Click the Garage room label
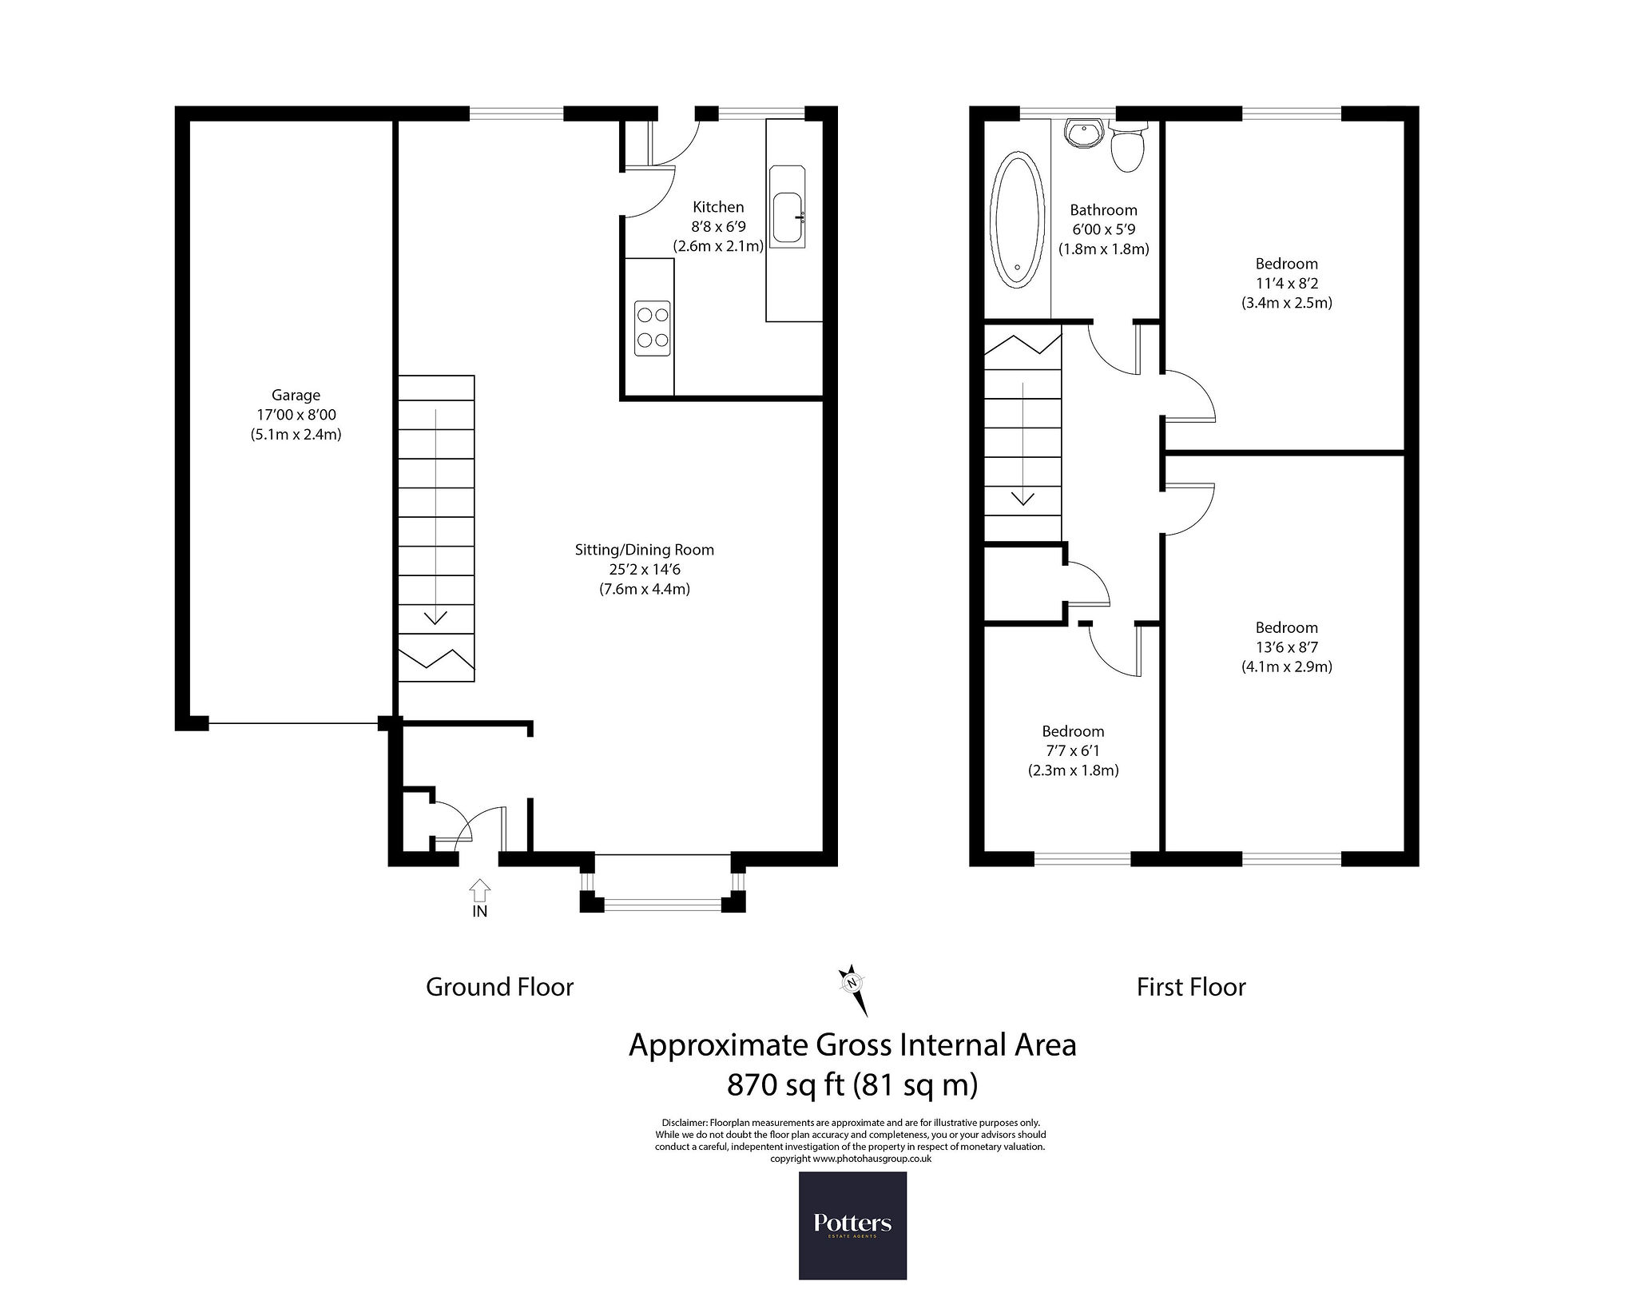296,395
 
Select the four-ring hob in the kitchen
653,328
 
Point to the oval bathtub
1017,220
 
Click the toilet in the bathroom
1128,148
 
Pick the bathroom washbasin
1085,134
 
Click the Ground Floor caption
500,987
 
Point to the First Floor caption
1191,987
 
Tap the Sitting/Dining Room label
645,550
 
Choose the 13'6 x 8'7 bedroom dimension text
1286,647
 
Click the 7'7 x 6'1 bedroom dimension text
1073,751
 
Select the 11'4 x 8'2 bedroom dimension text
1286,283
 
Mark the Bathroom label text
1103,210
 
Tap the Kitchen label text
718,207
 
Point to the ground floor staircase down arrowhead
435,617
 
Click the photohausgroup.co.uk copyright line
850,1159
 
